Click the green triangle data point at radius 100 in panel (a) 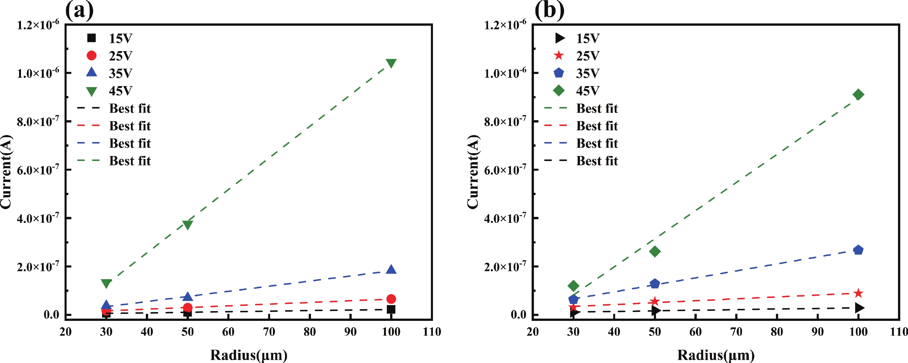point(391,63)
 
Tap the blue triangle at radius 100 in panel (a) point(391,270)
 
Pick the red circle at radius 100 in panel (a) point(391,299)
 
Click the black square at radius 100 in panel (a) point(391,309)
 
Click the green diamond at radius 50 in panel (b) point(655,251)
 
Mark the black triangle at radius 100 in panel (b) point(859,308)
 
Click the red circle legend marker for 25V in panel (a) point(92,56)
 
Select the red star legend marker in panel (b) point(559,56)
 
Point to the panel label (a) point(79,11)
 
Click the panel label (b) point(549,11)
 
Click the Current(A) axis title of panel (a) point(6,172)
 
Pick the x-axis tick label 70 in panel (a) point(269,332)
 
